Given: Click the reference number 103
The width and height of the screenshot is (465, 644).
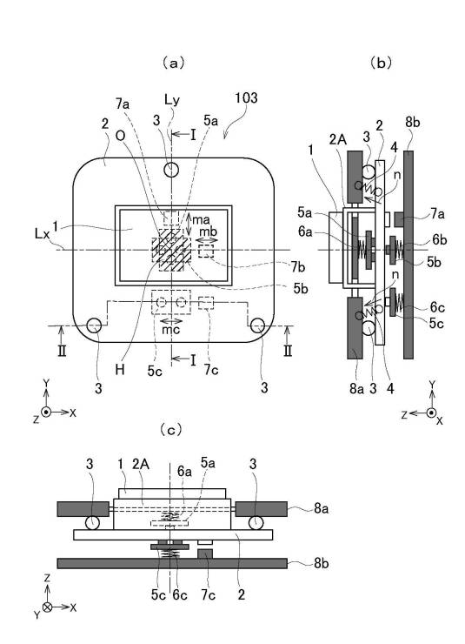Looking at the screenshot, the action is pyautogui.click(x=246, y=97).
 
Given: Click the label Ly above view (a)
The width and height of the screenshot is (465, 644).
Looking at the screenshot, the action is pyautogui.click(x=172, y=100).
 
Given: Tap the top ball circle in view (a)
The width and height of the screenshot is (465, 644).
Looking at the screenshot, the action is pyautogui.click(x=171, y=169).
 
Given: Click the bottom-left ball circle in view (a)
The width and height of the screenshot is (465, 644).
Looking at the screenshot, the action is pyautogui.click(x=95, y=325).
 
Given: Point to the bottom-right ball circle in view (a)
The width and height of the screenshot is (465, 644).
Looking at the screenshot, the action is pyautogui.click(x=258, y=325).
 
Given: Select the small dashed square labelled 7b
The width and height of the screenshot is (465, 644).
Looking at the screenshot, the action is pyautogui.click(x=206, y=251).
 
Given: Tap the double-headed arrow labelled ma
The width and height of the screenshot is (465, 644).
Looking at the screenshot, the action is pyautogui.click(x=188, y=225).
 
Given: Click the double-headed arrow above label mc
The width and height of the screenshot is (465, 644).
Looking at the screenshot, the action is pyautogui.click(x=171, y=321).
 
